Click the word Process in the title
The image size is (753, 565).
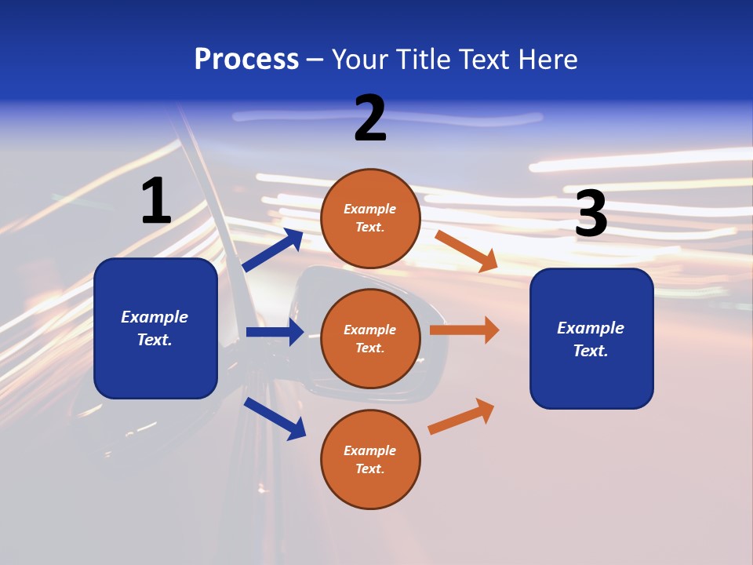coord(246,60)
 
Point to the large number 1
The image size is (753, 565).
coord(156,201)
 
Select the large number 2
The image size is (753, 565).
coord(370,118)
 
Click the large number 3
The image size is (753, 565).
coord(591,214)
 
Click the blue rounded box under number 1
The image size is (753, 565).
coord(155,328)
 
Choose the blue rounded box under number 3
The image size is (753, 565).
coord(591,338)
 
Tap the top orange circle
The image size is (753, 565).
coord(370,218)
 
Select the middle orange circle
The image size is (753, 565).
coord(370,338)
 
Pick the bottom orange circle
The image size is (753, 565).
coord(370,459)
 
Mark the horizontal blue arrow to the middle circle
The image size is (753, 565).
coord(275,332)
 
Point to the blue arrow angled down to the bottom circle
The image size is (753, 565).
coord(275,418)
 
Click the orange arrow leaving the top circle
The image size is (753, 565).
coord(466,251)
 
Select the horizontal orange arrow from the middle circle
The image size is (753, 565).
coord(464,330)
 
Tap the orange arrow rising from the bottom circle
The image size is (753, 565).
coord(461,416)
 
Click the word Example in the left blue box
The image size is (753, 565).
coord(155,317)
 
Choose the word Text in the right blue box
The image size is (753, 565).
coord(590,351)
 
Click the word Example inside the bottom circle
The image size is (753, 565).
coord(370,450)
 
